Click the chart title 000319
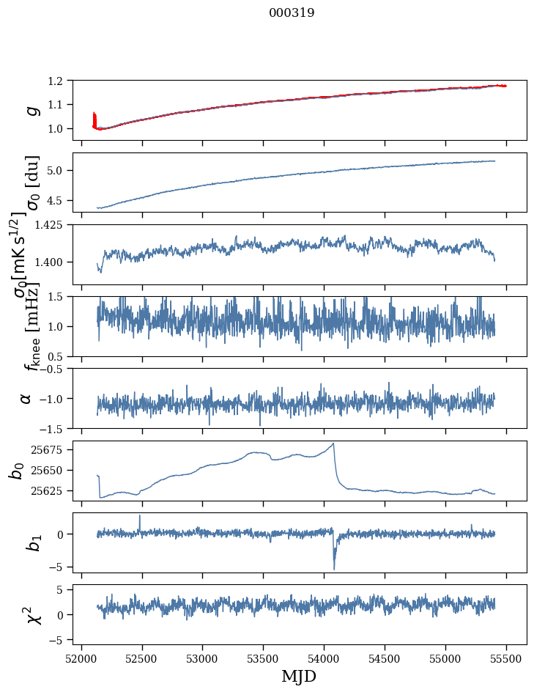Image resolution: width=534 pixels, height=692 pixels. [x=292, y=12]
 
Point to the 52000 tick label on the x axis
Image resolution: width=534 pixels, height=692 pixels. [x=81, y=658]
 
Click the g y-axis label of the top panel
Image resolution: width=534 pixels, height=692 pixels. [x=31, y=110]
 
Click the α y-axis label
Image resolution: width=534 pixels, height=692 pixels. [x=26, y=398]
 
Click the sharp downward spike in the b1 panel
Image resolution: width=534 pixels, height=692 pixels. [x=334, y=568]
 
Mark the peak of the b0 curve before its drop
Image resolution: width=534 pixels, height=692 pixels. [x=333, y=443]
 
